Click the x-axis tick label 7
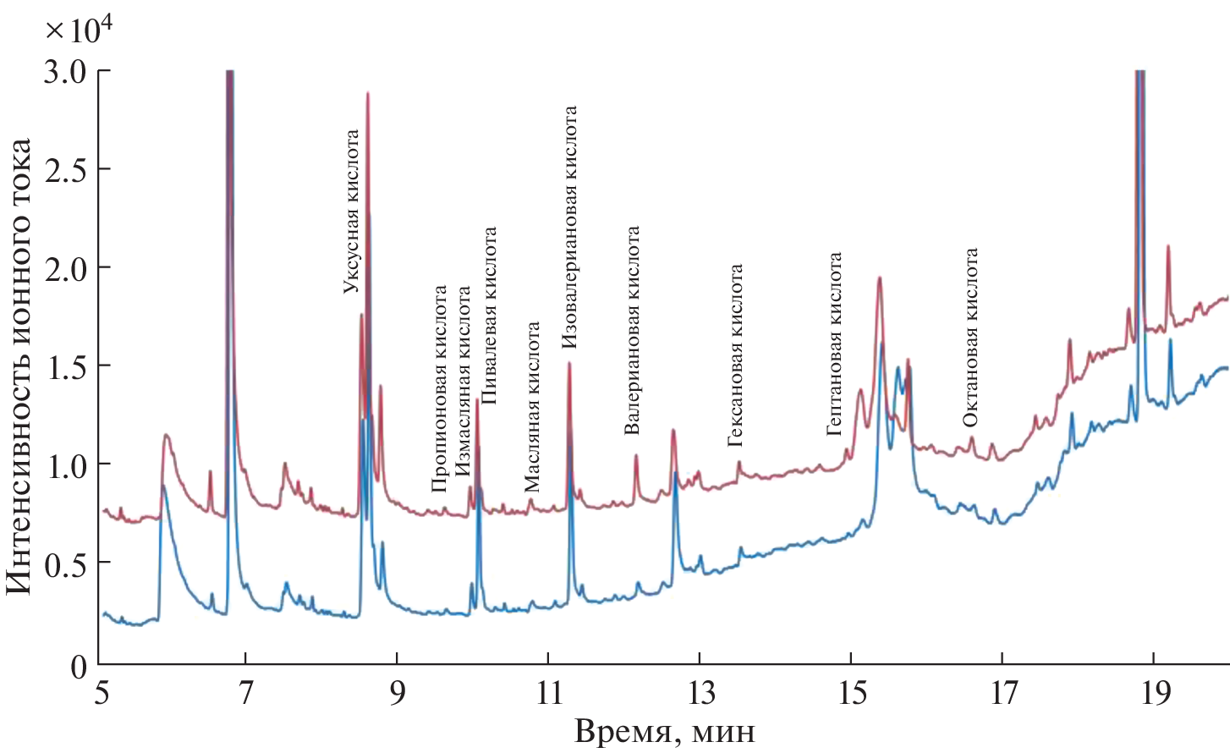coord(246,693)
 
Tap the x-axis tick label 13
coord(700,693)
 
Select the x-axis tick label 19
coord(1155,693)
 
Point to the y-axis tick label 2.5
coord(65,170)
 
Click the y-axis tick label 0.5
coord(65,564)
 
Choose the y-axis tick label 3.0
coord(65,72)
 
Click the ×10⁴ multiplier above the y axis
coord(79,30)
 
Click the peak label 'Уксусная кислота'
coord(352,212)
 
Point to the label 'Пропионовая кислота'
coord(439,389)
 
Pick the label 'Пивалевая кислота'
coord(489,316)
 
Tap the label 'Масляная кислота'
coord(532,407)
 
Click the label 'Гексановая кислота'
coord(736,355)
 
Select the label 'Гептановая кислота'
coord(835,344)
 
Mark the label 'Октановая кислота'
coord(970,338)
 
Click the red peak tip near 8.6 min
coord(368,93)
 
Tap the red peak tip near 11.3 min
coord(569,363)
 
